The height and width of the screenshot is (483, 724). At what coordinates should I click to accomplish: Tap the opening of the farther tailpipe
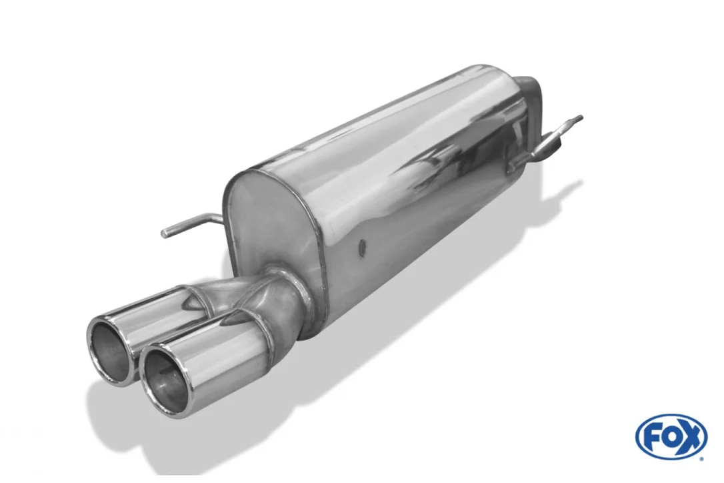[x=109, y=348]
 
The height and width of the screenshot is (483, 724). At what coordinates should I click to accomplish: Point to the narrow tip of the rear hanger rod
[x=581, y=117]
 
